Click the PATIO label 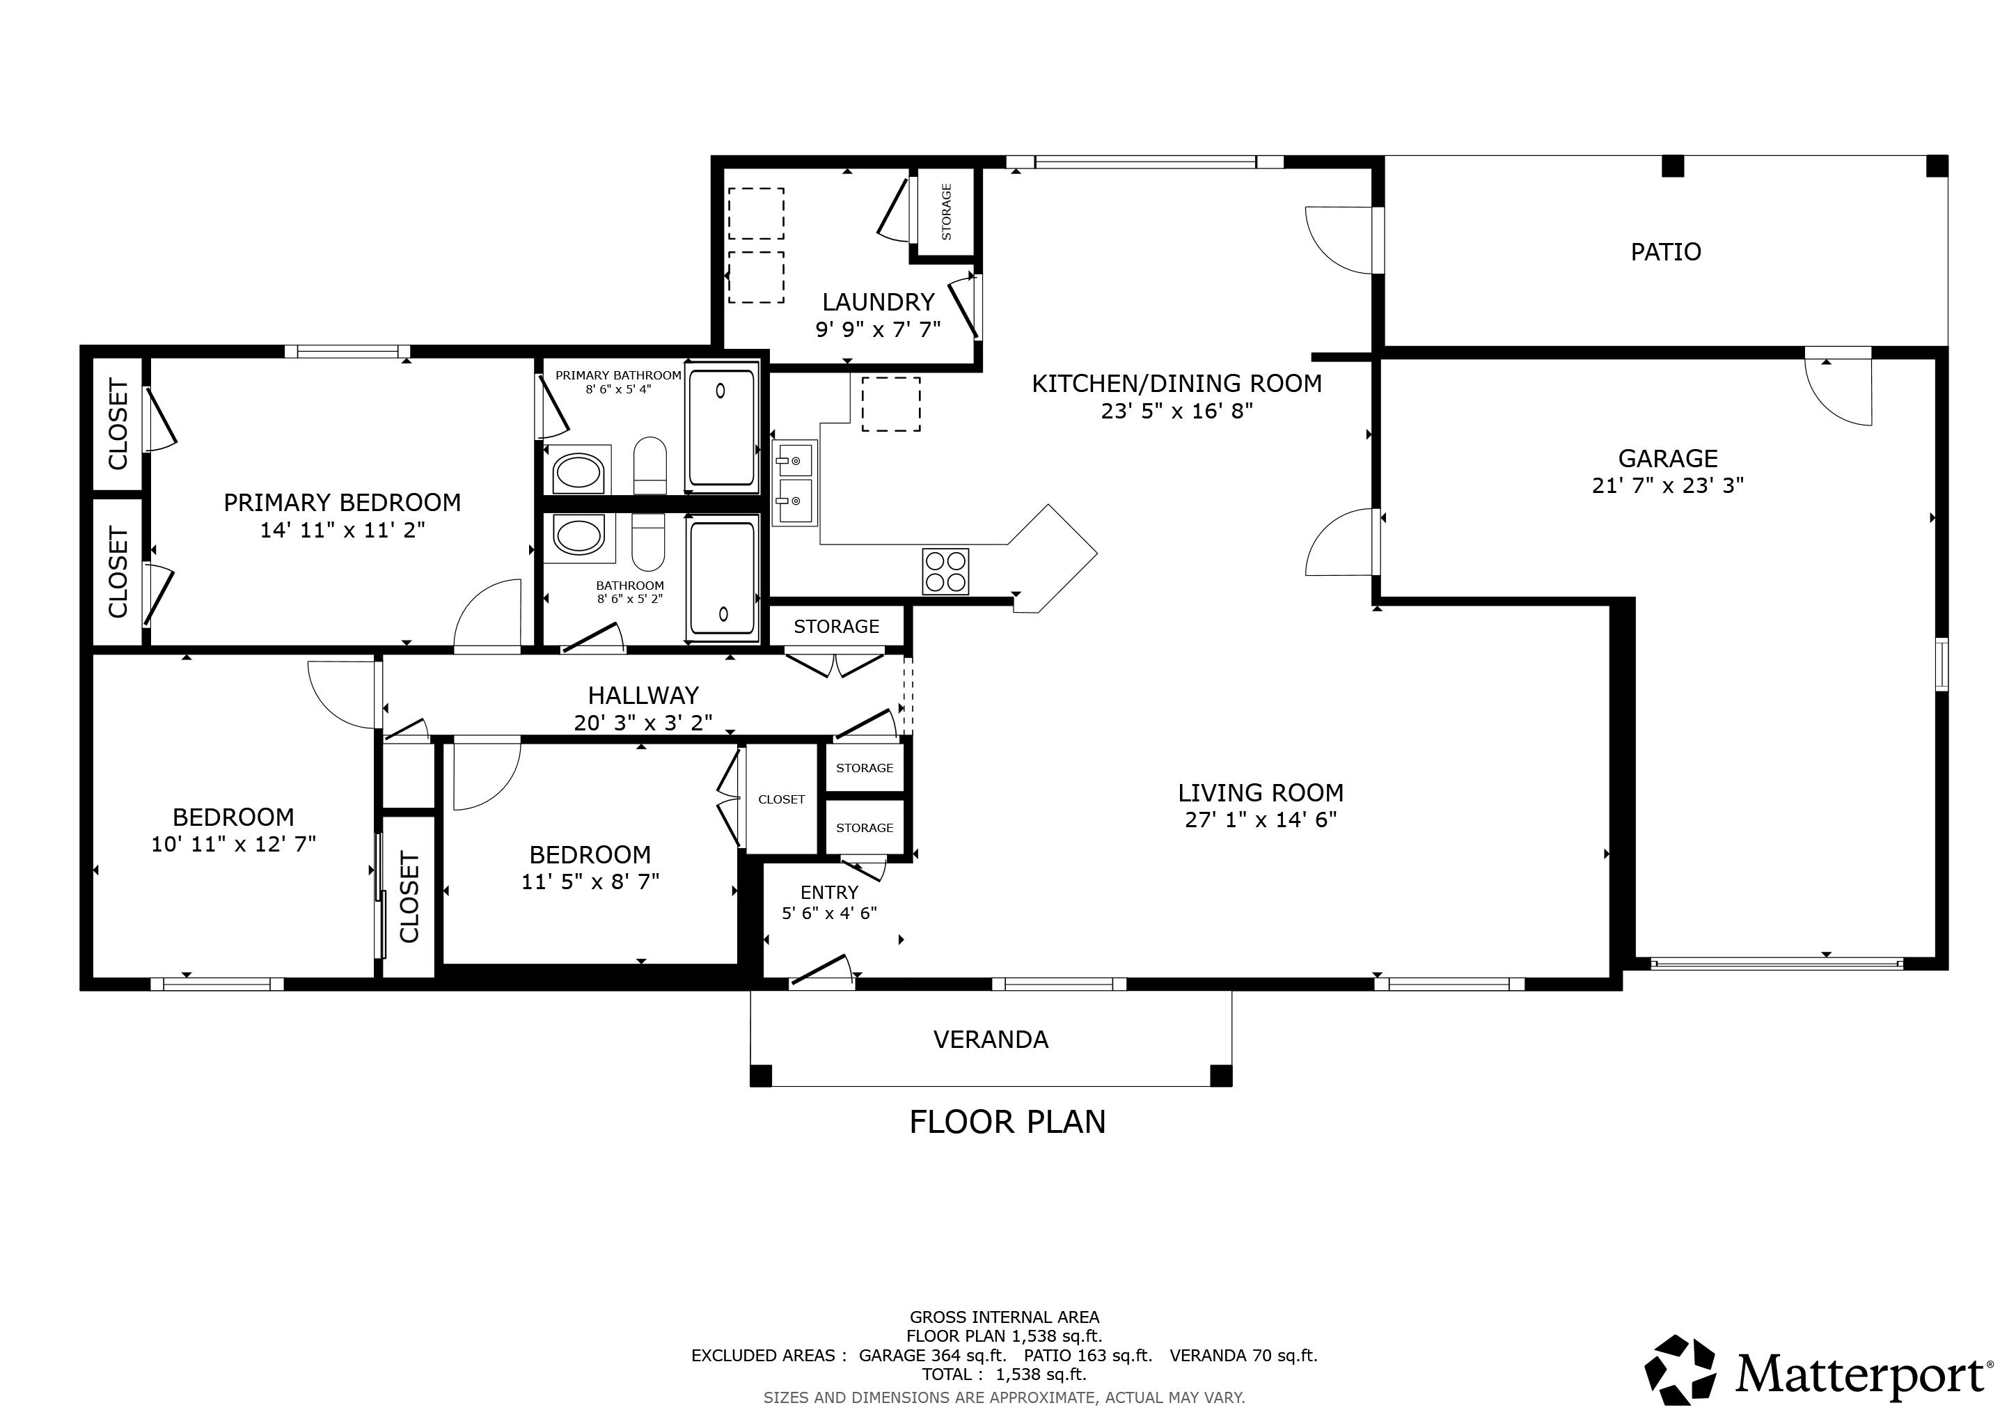point(1666,252)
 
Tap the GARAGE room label point(1667,458)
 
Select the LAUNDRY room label point(878,302)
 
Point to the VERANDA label point(991,1040)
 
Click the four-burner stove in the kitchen point(945,572)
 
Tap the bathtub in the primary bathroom point(722,428)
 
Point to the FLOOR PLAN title point(1007,1122)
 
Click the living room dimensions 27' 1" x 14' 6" point(1261,820)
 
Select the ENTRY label point(829,892)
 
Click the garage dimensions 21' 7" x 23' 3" point(1667,485)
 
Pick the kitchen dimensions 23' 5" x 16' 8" point(1176,411)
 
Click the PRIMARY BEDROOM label point(342,502)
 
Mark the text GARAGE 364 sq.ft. point(933,1355)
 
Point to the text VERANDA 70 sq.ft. point(1243,1355)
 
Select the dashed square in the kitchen point(891,404)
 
